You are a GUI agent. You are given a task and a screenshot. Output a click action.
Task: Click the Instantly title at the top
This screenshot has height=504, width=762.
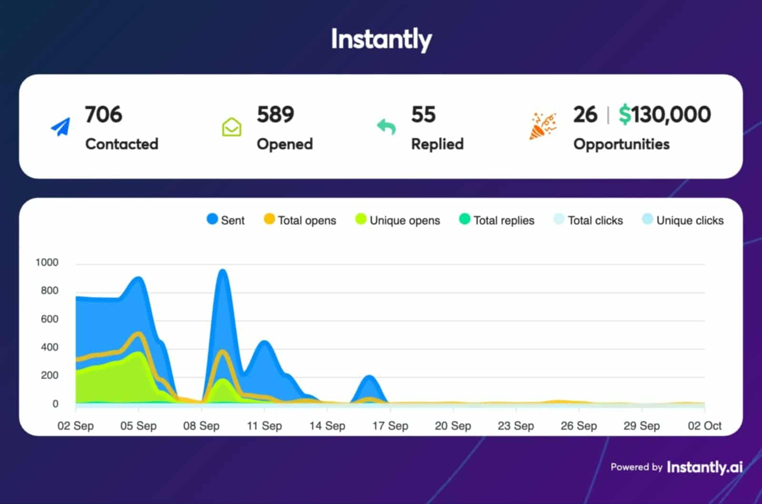(x=381, y=39)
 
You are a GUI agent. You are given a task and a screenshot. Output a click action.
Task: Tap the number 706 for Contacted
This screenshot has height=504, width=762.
(x=103, y=115)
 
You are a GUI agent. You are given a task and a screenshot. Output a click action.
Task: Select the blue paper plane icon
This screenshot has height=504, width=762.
(x=60, y=127)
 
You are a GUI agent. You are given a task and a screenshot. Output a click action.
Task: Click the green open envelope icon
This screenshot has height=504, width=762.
(x=231, y=127)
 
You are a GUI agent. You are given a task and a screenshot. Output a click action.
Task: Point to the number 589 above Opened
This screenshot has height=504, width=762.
(x=275, y=115)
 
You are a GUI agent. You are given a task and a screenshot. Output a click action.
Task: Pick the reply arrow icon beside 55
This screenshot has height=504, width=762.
(x=386, y=127)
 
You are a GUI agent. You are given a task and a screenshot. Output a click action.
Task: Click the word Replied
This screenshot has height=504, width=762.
(x=437, y=144)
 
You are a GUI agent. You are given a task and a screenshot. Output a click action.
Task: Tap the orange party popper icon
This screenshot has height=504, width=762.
(x=542, y=126)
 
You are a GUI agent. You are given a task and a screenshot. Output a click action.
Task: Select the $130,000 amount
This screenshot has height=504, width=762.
(x=664, y=115)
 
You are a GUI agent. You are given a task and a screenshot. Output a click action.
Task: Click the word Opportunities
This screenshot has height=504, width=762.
(x=621, y=144)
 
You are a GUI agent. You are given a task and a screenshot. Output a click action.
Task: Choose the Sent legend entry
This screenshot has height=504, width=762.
(x=226, y=220)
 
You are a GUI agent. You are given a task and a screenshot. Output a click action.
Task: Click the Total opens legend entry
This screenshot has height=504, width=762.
(x=300, y=220)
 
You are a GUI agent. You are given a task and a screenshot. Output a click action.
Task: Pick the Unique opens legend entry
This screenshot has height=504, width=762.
(x=398, y=220)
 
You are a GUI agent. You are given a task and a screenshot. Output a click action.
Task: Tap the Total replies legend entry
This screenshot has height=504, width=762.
(x=497, y=220)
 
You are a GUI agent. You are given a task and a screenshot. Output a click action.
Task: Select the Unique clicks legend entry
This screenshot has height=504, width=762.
(x=683, y=220)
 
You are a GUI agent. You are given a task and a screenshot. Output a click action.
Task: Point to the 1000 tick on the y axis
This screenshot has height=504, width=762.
(x=47, y=262)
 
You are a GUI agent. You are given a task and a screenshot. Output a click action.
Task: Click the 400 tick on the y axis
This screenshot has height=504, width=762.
(x=50, y=347)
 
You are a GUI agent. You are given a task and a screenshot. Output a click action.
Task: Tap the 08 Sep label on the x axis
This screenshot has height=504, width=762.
(x=201, y=426)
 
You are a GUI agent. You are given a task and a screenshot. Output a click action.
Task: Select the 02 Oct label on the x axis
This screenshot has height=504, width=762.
(x=704, y=426)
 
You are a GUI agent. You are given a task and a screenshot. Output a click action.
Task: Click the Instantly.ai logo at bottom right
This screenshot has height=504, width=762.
(x=704, y=467)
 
